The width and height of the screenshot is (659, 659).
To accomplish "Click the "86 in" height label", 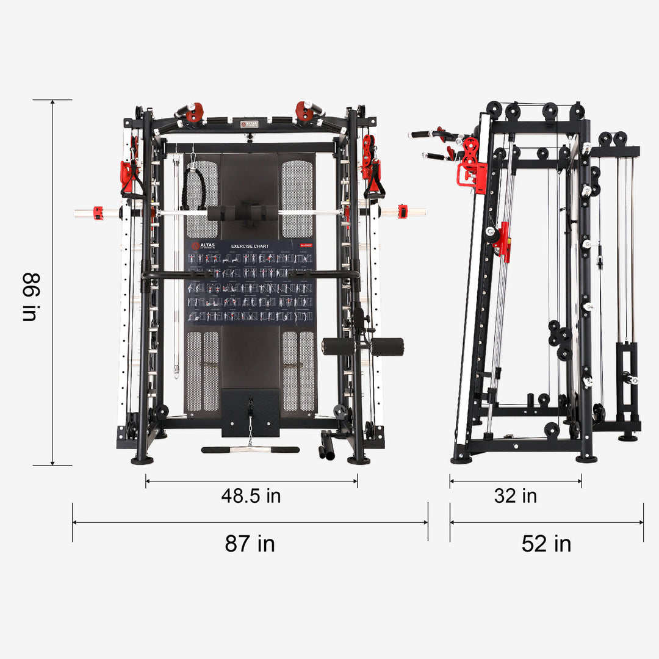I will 30,297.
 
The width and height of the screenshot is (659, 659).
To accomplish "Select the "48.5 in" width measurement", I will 251,495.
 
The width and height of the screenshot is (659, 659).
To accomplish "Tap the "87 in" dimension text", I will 250,543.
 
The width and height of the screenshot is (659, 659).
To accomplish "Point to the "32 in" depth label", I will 516,495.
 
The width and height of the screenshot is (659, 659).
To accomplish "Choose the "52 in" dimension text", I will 546,543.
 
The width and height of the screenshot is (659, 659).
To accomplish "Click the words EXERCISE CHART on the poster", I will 250,247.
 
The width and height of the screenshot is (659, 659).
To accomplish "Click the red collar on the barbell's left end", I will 98,212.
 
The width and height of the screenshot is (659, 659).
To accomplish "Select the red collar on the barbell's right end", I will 402,212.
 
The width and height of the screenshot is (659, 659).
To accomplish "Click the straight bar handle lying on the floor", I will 250,450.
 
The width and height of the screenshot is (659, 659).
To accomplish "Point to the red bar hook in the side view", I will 503,242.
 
